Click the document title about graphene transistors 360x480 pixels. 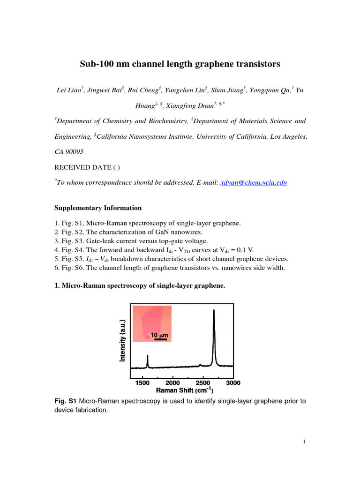click(180, 64)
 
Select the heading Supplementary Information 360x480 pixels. click(98, 208)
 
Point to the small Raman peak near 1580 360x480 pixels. click(148, 361)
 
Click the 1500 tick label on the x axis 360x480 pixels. click(142, 383)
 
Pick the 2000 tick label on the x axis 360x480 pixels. click(173, 383)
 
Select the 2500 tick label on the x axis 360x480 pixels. click(203, 383)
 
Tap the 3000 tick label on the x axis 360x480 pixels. click(233, 383)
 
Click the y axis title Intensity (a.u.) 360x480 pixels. click(122, 340)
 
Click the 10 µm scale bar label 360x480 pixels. click(159, 336)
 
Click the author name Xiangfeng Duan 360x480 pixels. click(185, 106)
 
